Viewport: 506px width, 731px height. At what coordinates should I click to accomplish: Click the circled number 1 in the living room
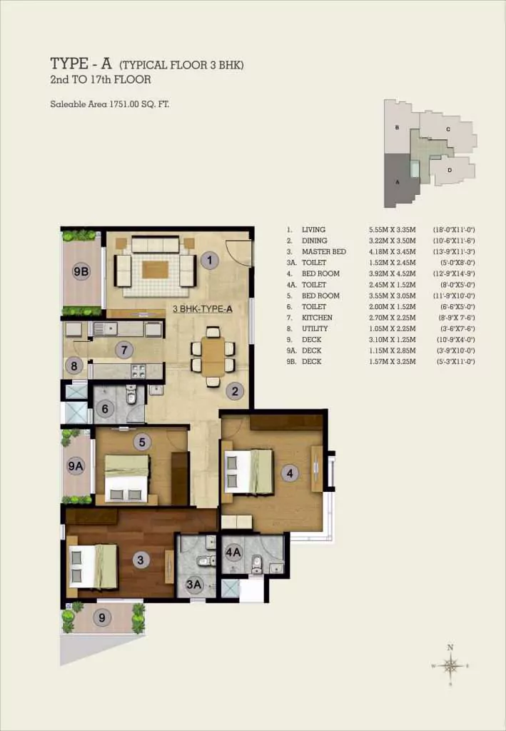208,261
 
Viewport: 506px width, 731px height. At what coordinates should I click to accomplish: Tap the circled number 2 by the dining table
235,390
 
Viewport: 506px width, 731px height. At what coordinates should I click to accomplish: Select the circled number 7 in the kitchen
124,350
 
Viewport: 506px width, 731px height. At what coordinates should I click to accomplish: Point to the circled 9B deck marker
81,272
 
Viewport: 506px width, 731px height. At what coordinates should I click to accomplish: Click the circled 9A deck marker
76,466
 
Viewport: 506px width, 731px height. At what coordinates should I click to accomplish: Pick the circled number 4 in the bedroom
288,472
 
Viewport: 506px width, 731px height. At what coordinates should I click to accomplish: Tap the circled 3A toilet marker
194,585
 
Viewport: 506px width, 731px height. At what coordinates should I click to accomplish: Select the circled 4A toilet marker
233,551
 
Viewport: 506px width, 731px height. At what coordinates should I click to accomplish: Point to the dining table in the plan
212,356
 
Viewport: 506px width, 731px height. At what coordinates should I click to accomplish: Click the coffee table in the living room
155,269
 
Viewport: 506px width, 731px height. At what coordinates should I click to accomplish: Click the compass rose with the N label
450,665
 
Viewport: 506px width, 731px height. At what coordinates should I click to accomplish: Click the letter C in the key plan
447,129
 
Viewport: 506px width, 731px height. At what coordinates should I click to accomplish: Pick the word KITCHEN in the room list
317,318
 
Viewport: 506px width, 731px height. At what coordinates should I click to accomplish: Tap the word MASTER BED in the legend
323,252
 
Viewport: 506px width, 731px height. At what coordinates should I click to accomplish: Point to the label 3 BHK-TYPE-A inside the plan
203,309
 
